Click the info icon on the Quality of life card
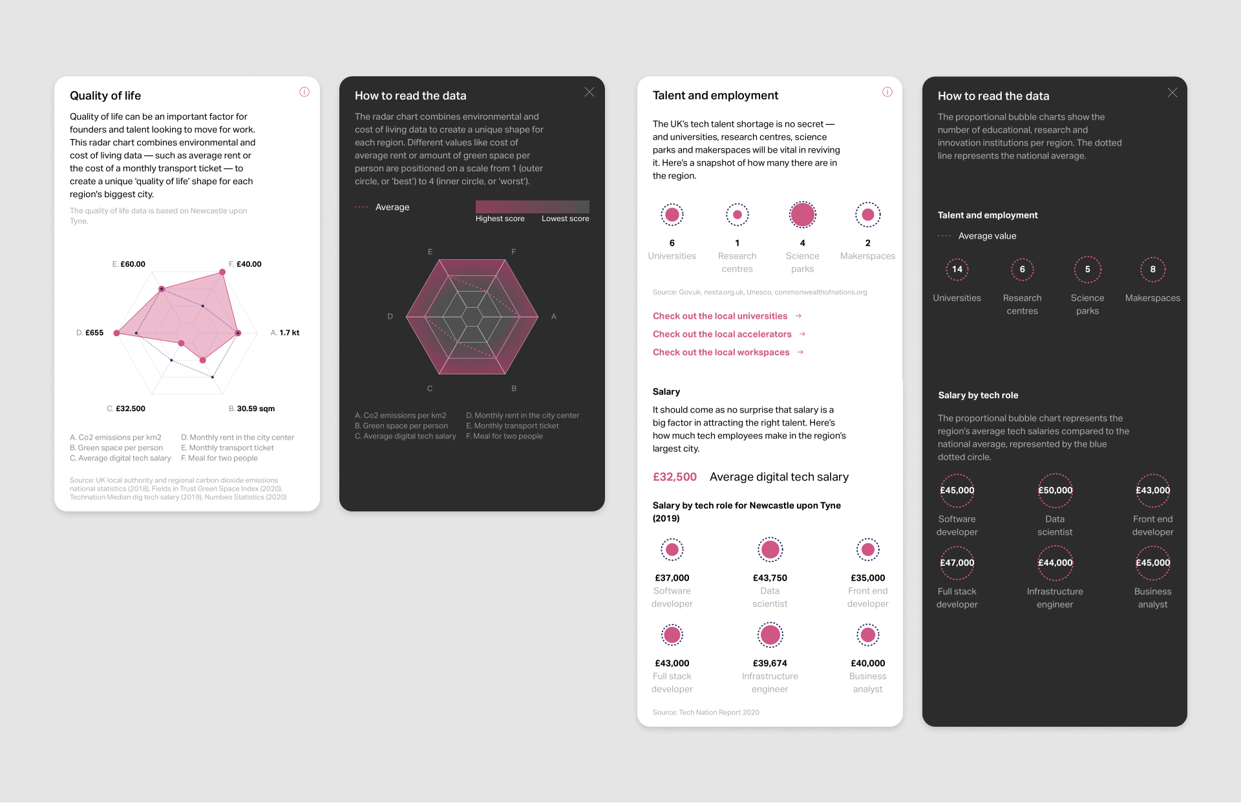click(x=304, y=92)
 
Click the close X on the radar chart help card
click(x=589, y=92)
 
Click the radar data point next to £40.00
click(x=222, y=272)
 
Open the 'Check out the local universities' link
click(x=720, y=316)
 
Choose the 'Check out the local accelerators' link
click(x=722, y=334)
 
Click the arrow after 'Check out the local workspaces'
click(x=801, y=352)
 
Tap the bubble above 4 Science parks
click(x=803, y=215)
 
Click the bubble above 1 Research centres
click(x=737, y=215)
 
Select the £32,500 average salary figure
click(x=675, y=477)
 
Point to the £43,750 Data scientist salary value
click(x=770, y=578)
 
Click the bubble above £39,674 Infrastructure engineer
click(x=770, y=635)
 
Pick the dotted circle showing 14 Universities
click(x=957, y=270)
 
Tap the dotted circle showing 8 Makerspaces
click(x=1153, y=270)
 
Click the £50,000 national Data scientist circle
click(x=1055, y=491)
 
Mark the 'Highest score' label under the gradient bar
click(x=500, y=219)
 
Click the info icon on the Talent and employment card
click(x=887, y=92)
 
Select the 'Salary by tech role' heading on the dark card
click(x=978, y=396)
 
